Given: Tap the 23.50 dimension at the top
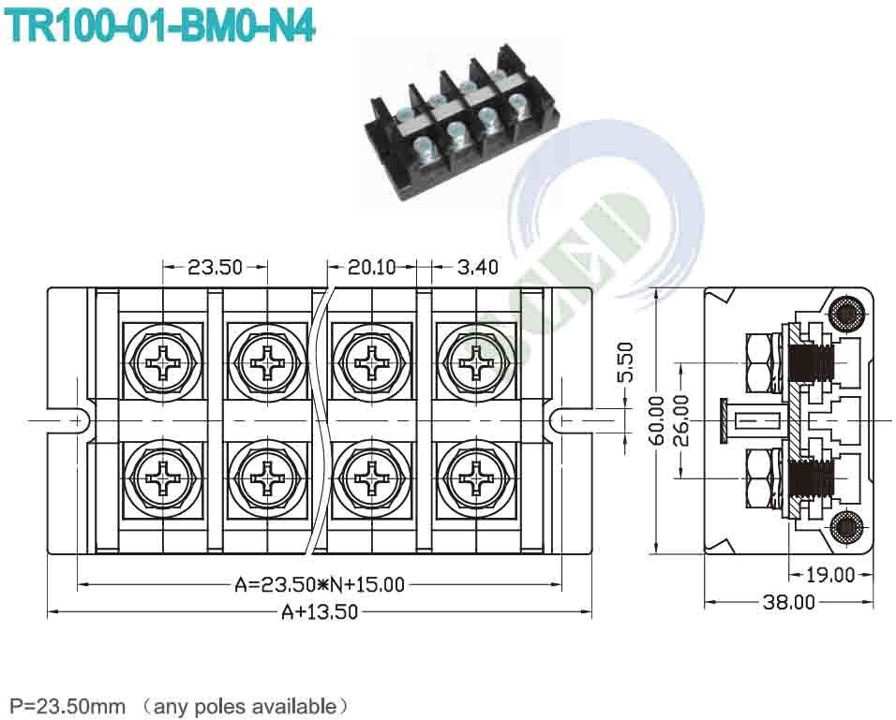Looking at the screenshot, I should click(x=215, y=267).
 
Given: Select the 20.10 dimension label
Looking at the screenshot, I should click(x=372, y=267).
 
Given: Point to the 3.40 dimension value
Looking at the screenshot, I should click(x=477, y=267).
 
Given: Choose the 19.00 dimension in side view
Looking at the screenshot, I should click(x=830, y=575).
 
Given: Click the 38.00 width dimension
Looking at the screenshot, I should click(x=788, y=602).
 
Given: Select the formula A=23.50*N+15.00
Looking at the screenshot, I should click(x=319, y=585).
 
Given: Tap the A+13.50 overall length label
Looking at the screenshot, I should click(x=320, y=612).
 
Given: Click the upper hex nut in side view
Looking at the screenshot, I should click(x=760, y=361).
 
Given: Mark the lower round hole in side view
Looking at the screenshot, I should click(x=847, y=527).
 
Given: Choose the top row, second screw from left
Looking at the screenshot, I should click(x=266, y=360).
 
